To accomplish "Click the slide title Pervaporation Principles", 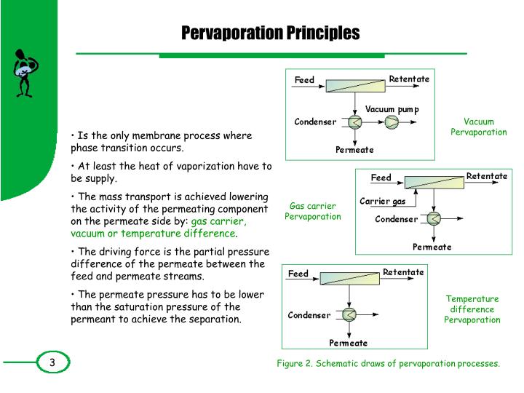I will coord(270,33).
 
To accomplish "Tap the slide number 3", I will coord(52,362).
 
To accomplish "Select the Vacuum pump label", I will coord(392,109).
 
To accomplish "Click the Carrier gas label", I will coord(383,201).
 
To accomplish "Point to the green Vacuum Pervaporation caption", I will coord(478,127).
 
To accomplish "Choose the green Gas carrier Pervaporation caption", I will coord(312,211).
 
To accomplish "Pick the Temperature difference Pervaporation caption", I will coord(472,309).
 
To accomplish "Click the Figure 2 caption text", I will coord(388,363).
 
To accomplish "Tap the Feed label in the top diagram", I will coord(304,79).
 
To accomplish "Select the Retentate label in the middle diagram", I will coord(486,176).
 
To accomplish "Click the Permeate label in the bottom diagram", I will coord(348,343).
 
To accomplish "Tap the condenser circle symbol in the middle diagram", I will coord(434,218).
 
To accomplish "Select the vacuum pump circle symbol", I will coord(392,122).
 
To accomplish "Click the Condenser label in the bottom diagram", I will coord(309,315).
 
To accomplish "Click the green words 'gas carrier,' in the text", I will coord(218,221).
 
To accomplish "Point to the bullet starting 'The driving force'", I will coord(167,264).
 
